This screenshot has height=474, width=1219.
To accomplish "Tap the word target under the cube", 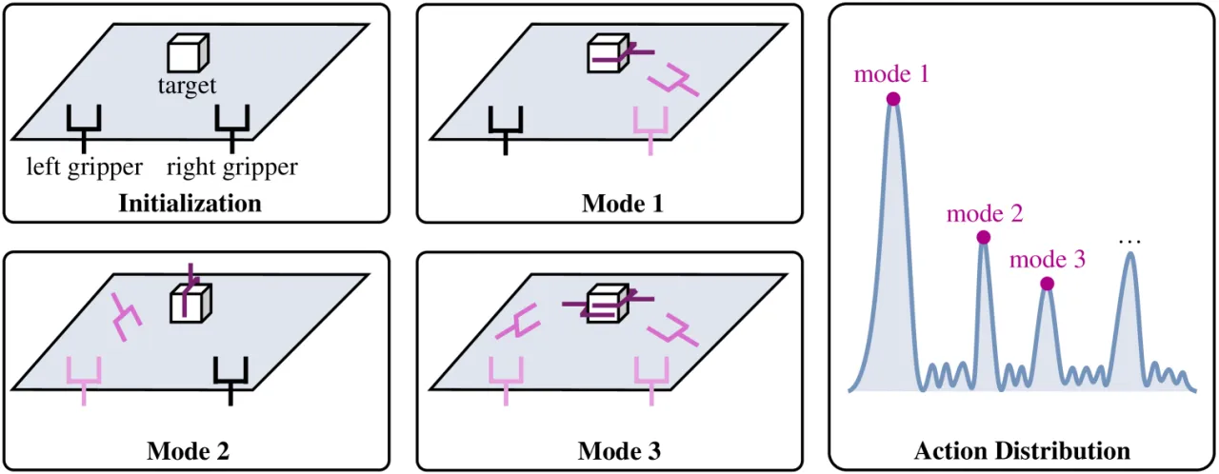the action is pos(187,86).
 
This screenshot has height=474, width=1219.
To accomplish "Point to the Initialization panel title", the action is pos(190,204).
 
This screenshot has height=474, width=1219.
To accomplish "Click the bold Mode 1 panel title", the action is pos(623,204).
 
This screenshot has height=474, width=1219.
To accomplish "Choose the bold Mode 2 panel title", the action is pos(188,451).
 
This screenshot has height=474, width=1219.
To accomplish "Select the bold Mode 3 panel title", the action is pos(619,451).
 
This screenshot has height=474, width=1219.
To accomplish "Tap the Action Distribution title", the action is pos(1022,451).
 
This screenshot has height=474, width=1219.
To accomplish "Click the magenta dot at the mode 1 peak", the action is pos(893,99).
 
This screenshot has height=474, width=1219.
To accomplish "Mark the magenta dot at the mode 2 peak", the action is pos(984,238).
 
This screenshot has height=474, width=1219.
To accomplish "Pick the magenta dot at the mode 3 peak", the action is pos(1047,284).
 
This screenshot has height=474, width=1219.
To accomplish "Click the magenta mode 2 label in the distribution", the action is pos(985,213).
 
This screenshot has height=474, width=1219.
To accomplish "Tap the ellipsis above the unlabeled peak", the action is pos(1129,242).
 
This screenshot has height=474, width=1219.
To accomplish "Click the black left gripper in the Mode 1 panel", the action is pos(506,130).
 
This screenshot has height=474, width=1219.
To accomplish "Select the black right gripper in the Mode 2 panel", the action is pos(230,381).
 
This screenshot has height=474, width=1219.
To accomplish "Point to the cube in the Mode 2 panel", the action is pos(190,304).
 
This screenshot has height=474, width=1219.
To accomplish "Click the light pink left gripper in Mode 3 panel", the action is pos(506,381).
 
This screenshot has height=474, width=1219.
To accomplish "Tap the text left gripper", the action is pos(85,167).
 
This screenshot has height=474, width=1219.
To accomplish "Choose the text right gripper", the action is pos(231,167).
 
